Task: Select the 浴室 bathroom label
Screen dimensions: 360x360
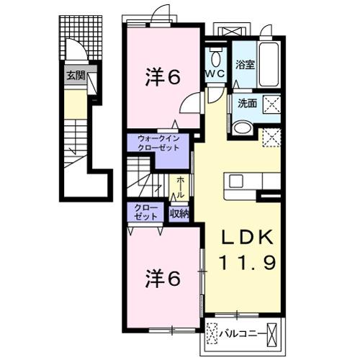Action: tap(245, 64)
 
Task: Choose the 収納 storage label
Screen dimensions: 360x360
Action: tap(179, 212)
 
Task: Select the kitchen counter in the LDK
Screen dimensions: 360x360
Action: tap(243, 185)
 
